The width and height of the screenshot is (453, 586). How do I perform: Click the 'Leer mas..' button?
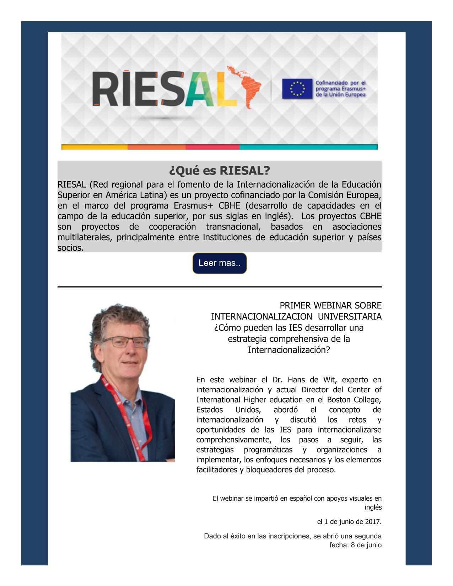[x=219, y=263]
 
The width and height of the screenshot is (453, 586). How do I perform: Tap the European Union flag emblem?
[x=297, y=88]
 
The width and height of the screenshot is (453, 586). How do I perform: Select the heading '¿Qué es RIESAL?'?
[x=219, y=171]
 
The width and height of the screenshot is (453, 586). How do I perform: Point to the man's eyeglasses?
[x=130, y=342]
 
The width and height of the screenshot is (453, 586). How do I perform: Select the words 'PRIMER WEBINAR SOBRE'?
[x=330, y=306]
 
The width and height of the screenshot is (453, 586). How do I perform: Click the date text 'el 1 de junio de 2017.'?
[x=349, y=522]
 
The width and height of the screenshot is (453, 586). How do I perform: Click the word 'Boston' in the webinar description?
[x=339, y=400]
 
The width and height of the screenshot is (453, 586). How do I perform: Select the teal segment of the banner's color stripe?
[x=308, y=147]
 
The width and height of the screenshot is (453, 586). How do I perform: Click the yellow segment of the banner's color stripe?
[x=95, y=147]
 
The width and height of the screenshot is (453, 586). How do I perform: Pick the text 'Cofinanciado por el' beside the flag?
[x=341, y=83]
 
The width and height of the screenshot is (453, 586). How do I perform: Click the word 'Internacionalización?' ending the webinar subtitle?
[x=289, y=350]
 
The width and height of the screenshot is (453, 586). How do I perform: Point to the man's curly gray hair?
[x=117, y=316]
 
